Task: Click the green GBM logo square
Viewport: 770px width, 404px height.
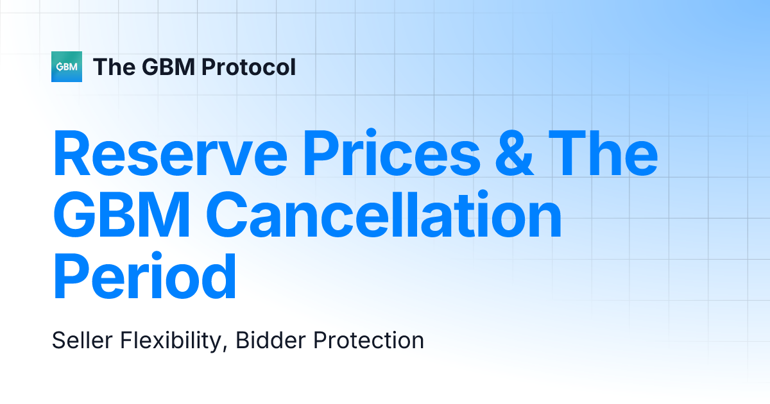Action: pos(67,67)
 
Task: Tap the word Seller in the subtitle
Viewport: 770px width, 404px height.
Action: pos(80,341)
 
